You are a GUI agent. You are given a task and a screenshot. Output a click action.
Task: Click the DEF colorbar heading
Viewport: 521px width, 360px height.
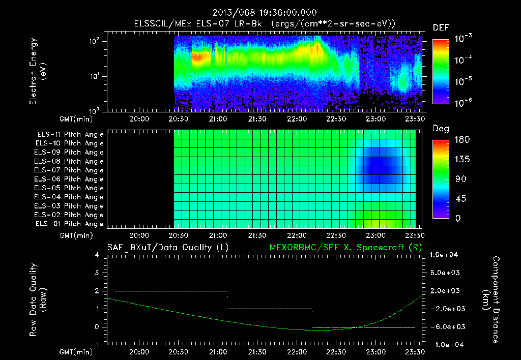coord(441,27)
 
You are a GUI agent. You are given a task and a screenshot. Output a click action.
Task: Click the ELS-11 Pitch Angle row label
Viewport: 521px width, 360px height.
coord(70,135)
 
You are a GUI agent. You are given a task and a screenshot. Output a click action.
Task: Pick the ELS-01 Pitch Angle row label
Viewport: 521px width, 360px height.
coord(70,224)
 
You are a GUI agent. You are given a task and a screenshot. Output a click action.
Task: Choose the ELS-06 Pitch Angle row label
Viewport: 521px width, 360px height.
coord(70,179)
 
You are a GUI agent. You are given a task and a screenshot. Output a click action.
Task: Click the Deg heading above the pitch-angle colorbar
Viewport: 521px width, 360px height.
coord(441,129)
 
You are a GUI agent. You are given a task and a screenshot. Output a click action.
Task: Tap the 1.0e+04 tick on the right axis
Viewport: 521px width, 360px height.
coord(445,255)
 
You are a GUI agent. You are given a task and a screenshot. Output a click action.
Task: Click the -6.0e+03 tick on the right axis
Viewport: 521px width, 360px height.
coord(445,326)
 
